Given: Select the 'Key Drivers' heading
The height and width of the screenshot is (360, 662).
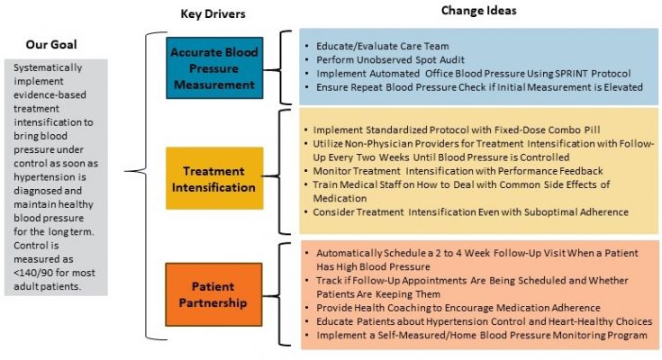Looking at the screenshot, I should click(213, 13).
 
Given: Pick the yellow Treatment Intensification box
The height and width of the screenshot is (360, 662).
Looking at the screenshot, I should click(213, 178).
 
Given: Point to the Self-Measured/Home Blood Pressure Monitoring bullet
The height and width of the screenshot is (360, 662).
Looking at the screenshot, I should click(476, 335).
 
